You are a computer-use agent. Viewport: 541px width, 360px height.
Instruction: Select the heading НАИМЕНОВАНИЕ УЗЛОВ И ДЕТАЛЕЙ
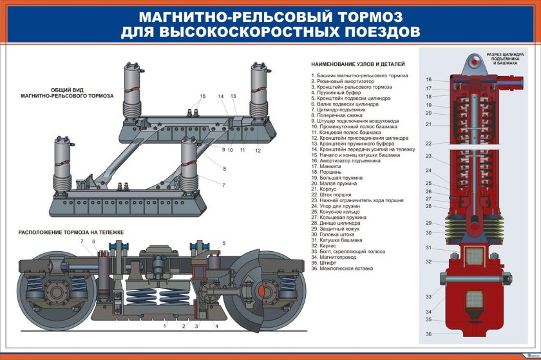[357, 64]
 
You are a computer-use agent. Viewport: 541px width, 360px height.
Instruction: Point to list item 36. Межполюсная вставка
[341, 269]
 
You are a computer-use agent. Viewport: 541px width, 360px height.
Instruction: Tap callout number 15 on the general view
[202, 97]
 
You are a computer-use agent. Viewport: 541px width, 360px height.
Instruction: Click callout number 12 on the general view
[258, 150]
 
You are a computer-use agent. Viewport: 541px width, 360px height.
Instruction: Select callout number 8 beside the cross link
[224, 169]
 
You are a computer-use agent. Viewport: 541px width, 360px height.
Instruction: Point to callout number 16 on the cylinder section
[428, 80]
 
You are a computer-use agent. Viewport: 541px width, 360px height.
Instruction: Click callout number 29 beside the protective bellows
[428, 223]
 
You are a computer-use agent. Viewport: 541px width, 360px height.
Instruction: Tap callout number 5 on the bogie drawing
[223, 243]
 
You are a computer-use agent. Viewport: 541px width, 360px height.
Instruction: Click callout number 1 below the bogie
[165, 327]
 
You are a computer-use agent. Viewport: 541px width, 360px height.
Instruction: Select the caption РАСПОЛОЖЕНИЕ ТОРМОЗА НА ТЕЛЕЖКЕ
[71, 231]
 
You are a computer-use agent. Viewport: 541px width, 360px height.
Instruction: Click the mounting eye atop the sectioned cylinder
[476, 62]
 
